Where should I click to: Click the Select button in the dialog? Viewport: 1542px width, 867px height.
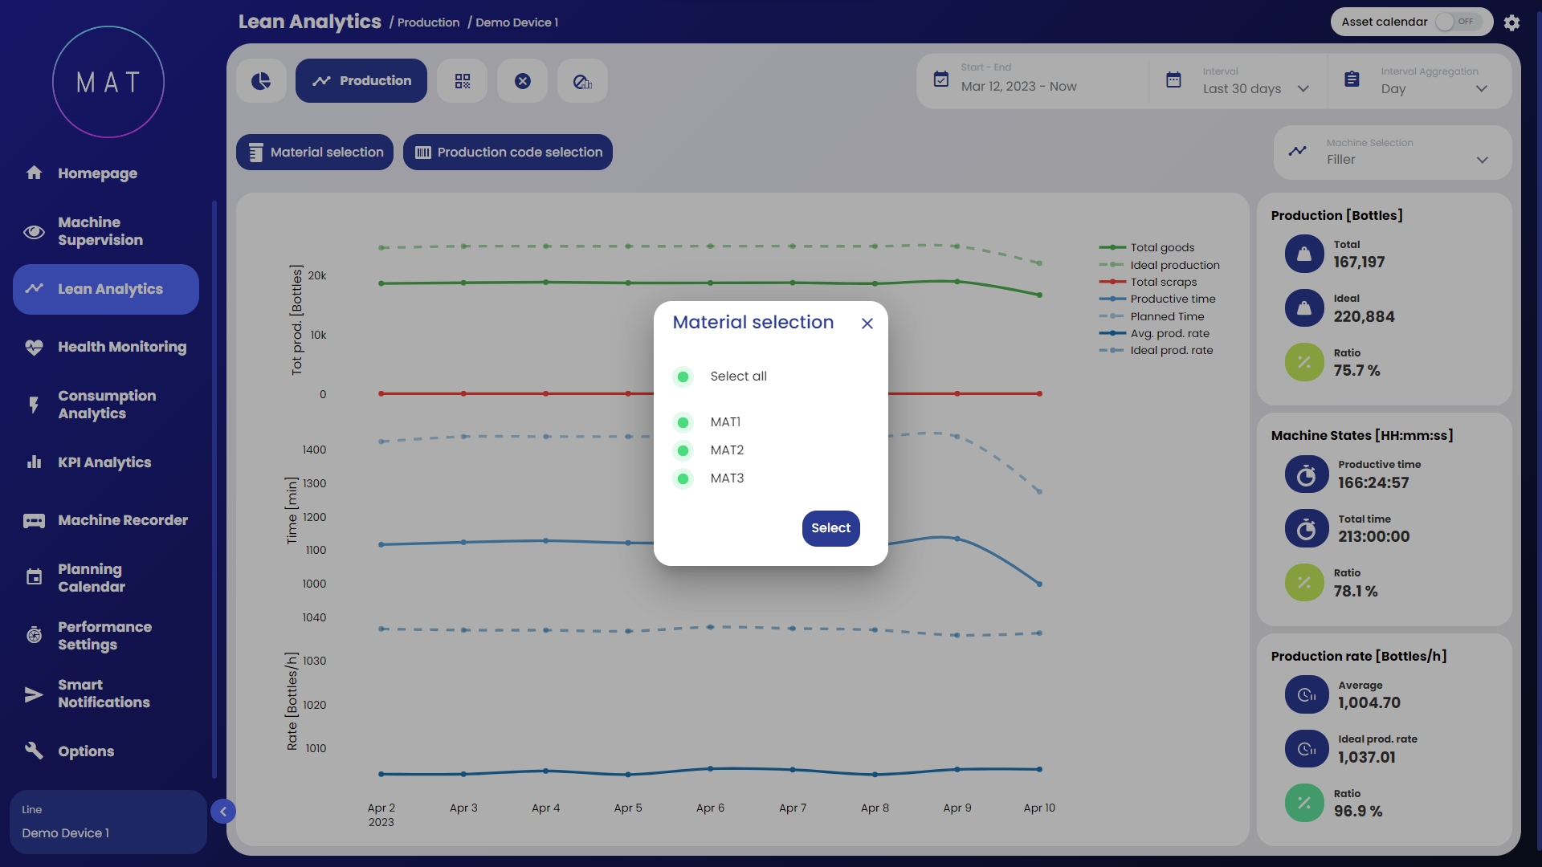[830, 528]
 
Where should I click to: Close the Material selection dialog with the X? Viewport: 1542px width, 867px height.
[867, 324]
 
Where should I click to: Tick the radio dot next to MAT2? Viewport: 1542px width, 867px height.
[683, 450]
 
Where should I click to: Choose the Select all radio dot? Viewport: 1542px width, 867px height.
[683, 377]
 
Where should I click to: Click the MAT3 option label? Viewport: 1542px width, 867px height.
[727, 478]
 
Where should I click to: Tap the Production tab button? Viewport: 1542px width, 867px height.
[361, 81]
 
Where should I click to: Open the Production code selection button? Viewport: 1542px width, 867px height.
[508, 153]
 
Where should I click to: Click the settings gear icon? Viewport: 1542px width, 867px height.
[1511, 22]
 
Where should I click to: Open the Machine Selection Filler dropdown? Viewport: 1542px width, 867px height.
[1393, 153]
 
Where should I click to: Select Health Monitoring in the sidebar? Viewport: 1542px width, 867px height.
[121, 347]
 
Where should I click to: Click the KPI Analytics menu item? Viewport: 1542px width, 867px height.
[104, 462]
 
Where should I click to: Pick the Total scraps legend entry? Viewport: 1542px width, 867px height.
[1163, 282]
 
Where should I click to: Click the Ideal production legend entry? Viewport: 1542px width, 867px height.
[1174, 265]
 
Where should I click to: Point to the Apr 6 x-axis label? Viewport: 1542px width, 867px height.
[710, 808]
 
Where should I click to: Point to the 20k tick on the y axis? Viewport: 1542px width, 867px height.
[317, 275]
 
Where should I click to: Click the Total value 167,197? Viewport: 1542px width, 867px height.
[1359, 263]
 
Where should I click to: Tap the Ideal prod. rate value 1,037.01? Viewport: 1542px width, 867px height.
[1366, 757]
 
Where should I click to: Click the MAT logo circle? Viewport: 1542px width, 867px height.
[108, 82]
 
